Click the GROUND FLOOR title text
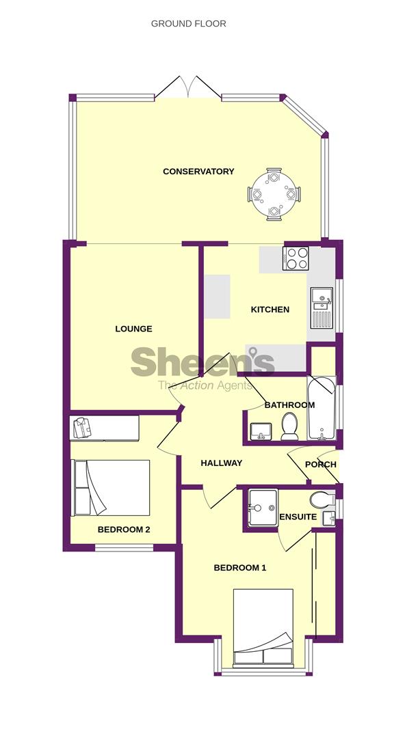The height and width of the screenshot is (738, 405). click(188, 24)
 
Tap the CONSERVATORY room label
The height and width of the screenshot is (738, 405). click(198, 172)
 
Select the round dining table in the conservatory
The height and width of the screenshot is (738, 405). click(274, 195)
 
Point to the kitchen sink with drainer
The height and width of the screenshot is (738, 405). click(321, 307)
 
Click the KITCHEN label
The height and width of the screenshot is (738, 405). click(270, 310)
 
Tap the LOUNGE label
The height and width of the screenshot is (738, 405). click(133, 329)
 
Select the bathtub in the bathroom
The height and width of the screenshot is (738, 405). click(321, 409)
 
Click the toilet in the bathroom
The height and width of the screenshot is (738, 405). click(289, 426)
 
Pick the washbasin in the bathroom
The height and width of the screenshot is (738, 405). click(260, 430)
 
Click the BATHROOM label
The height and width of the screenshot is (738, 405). click(289, 405)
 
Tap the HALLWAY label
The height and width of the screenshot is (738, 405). click(221, 463)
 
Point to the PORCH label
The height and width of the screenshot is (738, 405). click(320, 464)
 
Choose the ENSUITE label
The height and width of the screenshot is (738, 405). click(298, 517)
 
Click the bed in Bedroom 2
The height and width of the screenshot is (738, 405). click(111, 487)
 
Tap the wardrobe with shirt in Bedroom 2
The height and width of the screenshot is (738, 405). click(104, 428)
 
